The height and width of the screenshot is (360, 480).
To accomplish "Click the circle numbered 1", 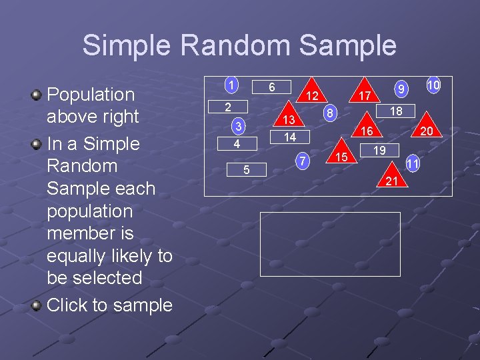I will click(x=231, y=85).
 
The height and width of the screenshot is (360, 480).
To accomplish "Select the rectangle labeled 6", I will click(x=272, y=87).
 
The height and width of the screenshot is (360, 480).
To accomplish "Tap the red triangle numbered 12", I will click(x=309, y=94).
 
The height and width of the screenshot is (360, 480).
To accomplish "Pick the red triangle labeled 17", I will click(x=364, y=95).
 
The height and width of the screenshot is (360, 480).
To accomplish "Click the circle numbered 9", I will click(x=401, y=87).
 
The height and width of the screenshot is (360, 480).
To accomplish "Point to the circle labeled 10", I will click(x=433, y=85).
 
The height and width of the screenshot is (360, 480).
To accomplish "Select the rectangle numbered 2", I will click(x=227, y=107).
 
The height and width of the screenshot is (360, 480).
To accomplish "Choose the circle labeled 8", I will click(x=330, y=113).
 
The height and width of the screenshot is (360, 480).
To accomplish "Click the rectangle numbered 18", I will click(x=396, y=111).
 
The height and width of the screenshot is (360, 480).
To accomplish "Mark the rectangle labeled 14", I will click(x=290, y=137).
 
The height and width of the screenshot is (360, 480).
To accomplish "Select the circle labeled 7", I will click(x=303, y=161).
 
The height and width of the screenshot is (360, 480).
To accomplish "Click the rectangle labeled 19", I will click(x=379, y=151).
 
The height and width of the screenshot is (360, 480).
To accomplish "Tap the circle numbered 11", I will click(x=413, y=163).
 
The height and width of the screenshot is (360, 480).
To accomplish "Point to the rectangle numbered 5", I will click(x=246, y=170).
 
